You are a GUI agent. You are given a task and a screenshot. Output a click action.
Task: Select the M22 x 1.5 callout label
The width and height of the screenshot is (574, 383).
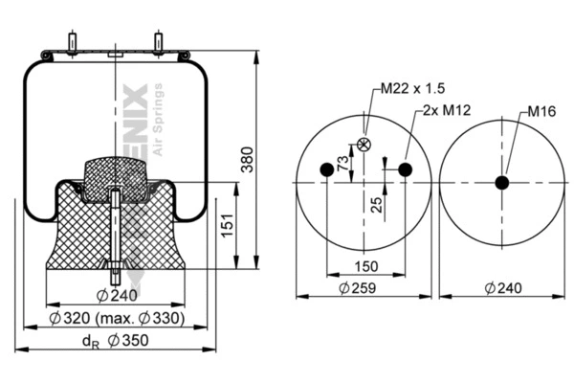[x=412, y=88]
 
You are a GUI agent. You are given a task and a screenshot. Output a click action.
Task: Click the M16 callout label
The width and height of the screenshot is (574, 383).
[x=542, y=111]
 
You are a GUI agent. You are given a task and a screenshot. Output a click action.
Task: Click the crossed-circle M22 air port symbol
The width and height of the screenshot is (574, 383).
[x=364, y=145]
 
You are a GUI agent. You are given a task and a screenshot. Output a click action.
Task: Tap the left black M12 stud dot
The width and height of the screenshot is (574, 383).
[x=326, y=170]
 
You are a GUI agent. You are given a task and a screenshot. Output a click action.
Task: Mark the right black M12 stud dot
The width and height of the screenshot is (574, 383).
[x=405, y=170]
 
